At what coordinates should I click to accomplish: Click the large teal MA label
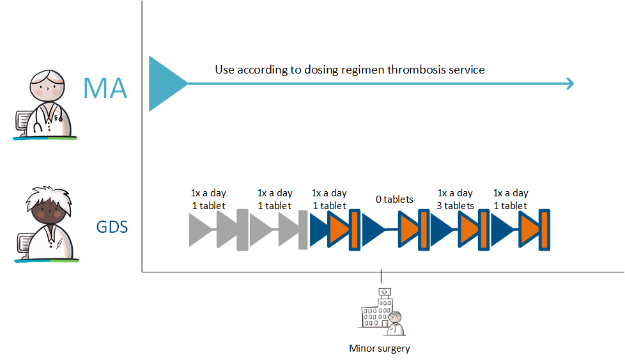click(105, 88)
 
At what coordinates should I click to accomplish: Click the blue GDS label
click(112, 227)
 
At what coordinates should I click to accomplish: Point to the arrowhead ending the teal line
click(571, 84)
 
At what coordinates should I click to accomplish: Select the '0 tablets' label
click(394, 200)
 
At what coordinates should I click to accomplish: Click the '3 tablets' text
click(455, 206)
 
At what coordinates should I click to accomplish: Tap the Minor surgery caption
click(380, 348)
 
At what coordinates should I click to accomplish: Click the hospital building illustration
click(377, 308)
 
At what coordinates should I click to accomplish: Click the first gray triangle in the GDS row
click(201, 230)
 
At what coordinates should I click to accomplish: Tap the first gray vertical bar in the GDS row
click(242, 230)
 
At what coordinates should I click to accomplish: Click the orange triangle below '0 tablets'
click(408, 230)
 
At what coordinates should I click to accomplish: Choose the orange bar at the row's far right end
click(544, 230)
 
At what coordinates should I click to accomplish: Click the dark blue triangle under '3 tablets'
click(442, 230)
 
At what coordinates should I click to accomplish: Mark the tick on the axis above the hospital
click(381, 276)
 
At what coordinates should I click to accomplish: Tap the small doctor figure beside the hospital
click(396, 323)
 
